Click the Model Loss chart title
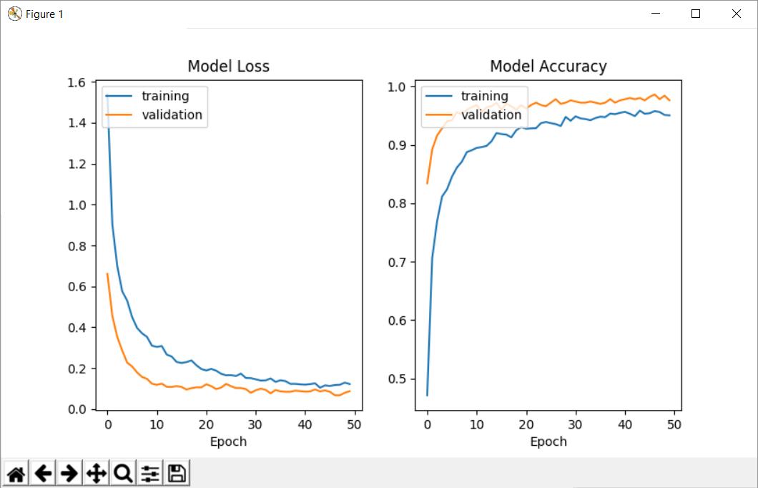coord(228,67)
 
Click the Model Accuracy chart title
coord(548,67)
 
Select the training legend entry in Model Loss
coord(164,96)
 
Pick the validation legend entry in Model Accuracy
coord(491,114)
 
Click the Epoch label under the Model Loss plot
coord(228,441)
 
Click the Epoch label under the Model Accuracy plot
coord(548,441)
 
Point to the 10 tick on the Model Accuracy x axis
coord(477,424)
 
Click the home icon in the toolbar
coord(16,473)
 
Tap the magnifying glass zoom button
coord(123,473)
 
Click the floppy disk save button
coord(177,473)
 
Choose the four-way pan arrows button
coord(96,473)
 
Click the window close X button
coord(736,14)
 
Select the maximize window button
coord(695,14)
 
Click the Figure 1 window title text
coord(44,14)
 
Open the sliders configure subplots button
coord(150,473)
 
